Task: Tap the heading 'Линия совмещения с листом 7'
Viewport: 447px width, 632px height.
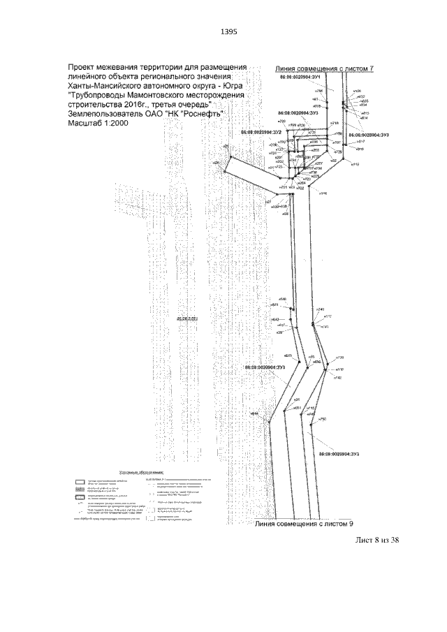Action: point(325,68)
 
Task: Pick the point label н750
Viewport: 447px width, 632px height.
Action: point(323,418)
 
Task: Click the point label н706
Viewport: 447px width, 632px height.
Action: point(319,91)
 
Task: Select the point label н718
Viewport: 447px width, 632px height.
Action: point(334,122)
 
